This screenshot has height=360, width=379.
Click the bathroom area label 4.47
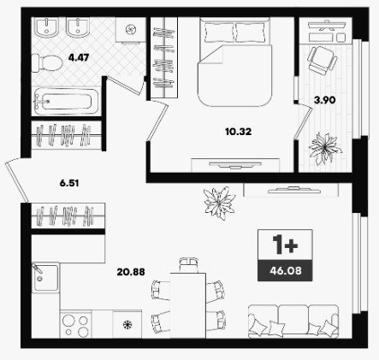point(79,57)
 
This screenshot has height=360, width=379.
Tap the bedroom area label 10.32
point(238,132)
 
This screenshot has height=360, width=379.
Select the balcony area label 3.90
point(325,100)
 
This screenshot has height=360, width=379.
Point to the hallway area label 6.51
point(69,183)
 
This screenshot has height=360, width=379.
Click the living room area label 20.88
point(131,272)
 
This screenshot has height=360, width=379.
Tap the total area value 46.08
point(286,270)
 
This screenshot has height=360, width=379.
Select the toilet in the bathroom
point(47,63)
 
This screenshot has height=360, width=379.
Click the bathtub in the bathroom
point(66,102)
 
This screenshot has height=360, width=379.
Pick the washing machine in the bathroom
point(131,29)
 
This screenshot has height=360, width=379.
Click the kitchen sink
point(45,277)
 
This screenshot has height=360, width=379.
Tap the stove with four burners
point(76,325)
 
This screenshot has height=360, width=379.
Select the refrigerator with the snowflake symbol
point(127,324)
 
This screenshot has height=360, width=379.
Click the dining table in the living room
point(188,305)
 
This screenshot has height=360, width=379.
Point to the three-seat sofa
point(293,322)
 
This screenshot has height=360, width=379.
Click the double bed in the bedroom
point(235,62)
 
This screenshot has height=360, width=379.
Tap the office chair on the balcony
point(322,61)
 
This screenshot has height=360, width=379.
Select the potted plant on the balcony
point(325,148)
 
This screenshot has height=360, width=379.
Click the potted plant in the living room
point(220,203)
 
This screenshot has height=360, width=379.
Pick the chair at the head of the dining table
point(188,265)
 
